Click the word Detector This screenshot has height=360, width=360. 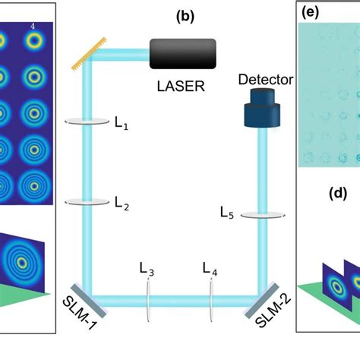click(265, 79)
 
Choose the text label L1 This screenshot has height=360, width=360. click(121, 126)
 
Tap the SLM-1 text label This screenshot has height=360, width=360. click(73, 318)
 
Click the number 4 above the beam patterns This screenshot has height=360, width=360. click(33, 27)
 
